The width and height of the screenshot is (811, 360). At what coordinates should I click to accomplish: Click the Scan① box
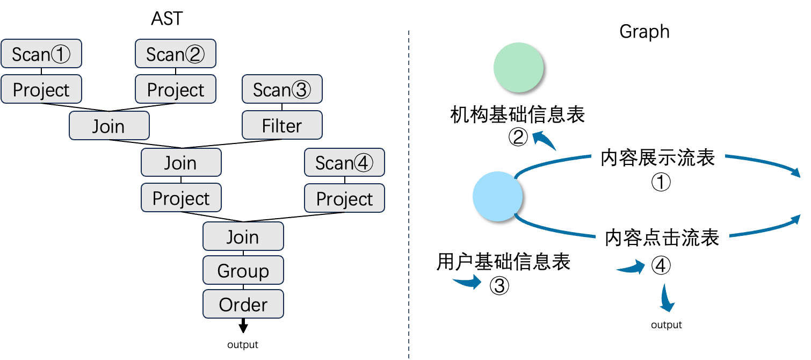pos(41,54)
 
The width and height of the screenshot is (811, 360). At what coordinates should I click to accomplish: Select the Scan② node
pos(176,54)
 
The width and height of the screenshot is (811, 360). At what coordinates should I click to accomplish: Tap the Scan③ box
pos(282,89)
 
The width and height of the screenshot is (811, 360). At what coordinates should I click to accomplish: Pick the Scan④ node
pos(344,162)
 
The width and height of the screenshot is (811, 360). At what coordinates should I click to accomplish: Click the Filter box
pos(282,126)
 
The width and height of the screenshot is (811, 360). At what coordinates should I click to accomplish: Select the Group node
pos(243,271)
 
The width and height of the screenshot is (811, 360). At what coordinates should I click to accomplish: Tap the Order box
pos(243,305)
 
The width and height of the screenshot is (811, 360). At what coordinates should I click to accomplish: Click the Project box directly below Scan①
pos(41,89)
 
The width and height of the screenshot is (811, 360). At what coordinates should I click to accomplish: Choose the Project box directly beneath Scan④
pos(344,198)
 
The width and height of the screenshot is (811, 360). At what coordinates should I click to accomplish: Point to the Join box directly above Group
pos(243,236)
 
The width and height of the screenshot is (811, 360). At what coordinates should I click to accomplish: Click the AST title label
pos(168,19)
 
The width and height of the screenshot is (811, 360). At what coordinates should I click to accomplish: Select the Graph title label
pos(645,31)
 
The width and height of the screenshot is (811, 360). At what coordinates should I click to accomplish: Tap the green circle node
pos(518,68)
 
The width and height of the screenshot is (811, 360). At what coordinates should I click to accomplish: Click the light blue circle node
pos(497,197)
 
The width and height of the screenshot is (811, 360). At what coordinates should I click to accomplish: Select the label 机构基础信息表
pos(518,114)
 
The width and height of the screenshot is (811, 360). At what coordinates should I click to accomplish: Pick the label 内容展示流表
pos(658,157)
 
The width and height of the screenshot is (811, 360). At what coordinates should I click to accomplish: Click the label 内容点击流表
pos(662,237)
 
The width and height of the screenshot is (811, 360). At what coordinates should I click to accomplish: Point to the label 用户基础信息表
pos(504,262)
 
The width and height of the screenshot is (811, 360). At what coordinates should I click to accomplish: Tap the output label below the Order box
pos(243,344)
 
